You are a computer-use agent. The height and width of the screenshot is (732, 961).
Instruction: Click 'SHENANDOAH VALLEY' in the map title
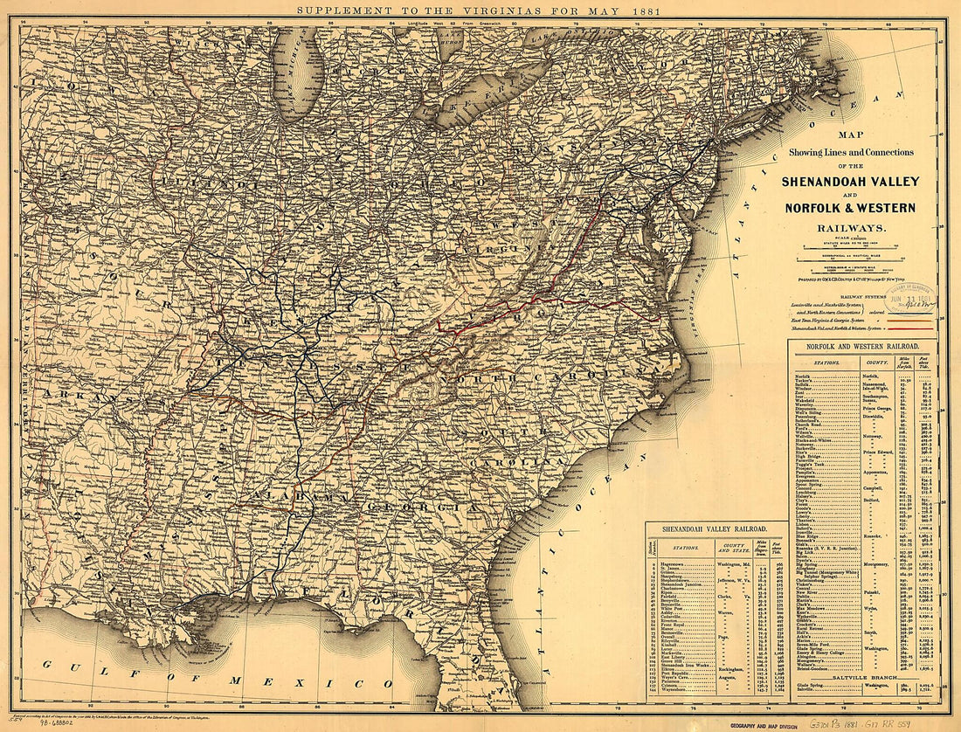[862, 182]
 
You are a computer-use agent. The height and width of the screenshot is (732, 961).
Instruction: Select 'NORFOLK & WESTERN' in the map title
[862, 208]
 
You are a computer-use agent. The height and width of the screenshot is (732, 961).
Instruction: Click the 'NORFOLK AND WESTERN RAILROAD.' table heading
[862, 348]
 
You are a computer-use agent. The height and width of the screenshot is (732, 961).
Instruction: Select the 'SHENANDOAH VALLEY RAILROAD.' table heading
[714, 529]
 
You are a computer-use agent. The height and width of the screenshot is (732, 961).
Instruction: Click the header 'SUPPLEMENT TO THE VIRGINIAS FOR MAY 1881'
[479, 10]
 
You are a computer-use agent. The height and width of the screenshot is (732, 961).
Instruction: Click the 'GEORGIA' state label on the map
[423, 508]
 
